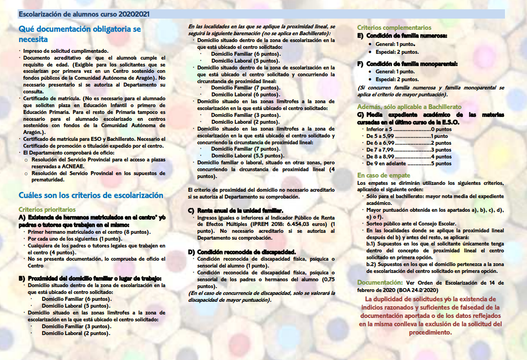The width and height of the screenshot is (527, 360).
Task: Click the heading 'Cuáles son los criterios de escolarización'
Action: click(x=91, y=195)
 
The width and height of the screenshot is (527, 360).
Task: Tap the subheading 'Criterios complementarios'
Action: click(x=394, y=28)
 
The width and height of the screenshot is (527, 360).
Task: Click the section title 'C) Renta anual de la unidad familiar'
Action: click(x=236, y=210)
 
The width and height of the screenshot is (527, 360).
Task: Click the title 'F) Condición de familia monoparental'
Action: click(x=408, y=64)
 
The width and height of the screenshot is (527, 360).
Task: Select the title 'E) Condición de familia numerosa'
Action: click(x=402, y=36)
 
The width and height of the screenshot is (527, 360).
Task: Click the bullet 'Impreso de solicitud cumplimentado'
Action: click(x=66, y=50)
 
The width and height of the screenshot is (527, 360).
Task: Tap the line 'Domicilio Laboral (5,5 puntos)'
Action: click(x=239, y=156)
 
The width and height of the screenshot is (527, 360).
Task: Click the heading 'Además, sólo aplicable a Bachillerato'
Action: click(x=409, y=107)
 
